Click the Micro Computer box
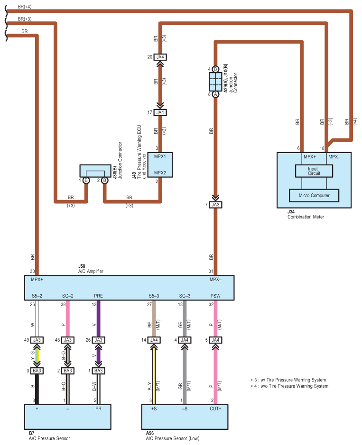point(314,195)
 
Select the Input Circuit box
point(314,171)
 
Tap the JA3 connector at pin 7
point(215,205)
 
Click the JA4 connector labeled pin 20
point(160,57)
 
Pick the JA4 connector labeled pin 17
point(160,112)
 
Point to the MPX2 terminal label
point(160,173)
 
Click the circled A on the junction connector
point(215,94)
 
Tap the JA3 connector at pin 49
point(37,340)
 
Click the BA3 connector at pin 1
point(98,371)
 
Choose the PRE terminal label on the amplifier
point(98,296)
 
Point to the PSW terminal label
point(215,296)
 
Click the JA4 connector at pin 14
point(154,340)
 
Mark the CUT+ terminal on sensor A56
point(216,408)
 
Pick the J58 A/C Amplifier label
point(90,269)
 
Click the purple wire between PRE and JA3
point(98,318)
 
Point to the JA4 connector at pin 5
point(215,340)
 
